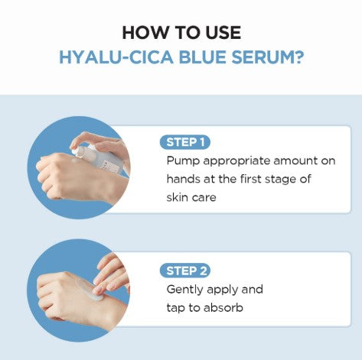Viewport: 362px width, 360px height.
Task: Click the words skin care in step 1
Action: click(192, 197)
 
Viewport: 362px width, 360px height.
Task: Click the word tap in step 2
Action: click(176, 308)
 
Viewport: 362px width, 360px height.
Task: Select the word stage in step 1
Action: click(277, 180)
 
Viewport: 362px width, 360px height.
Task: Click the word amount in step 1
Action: click(285, 161)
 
